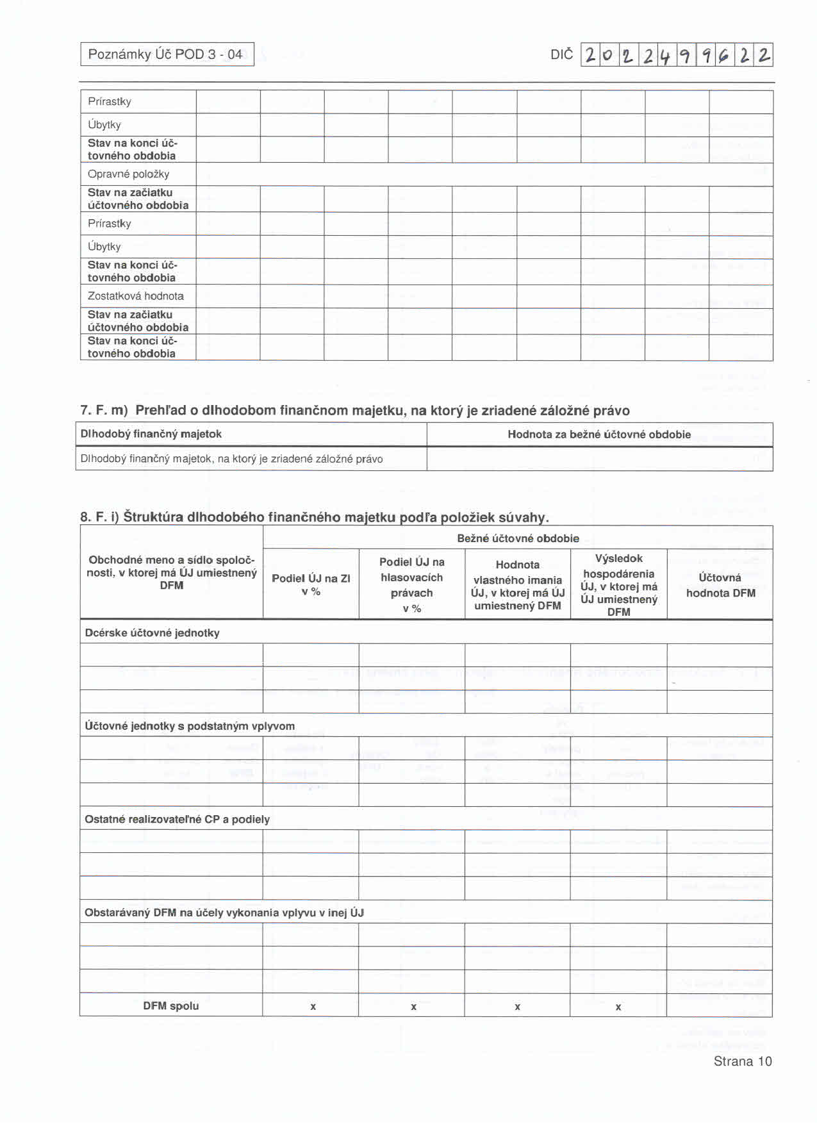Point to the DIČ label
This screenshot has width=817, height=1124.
(561, 55)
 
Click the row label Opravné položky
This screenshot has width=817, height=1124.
(128, 174)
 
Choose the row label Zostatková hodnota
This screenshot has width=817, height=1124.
(135, 296)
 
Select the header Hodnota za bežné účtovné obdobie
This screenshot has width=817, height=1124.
(599, 434)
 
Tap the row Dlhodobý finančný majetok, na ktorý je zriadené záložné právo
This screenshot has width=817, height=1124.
(231, 459)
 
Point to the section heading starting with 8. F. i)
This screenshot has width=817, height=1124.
(314, 517)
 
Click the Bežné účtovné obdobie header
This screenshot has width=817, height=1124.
(518, 538)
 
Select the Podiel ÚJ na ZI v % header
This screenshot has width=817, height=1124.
(311, 584)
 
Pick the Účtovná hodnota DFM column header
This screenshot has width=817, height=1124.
(720, 585)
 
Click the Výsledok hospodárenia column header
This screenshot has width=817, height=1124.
(618, 584)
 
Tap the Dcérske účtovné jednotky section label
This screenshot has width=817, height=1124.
(152, 633)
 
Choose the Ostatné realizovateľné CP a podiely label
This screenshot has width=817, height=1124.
(177, 820)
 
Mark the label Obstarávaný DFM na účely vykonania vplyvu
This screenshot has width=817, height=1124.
(224, 913)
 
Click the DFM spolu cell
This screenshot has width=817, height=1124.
(170, 1006)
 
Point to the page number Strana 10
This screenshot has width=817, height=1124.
(742, 1061)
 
